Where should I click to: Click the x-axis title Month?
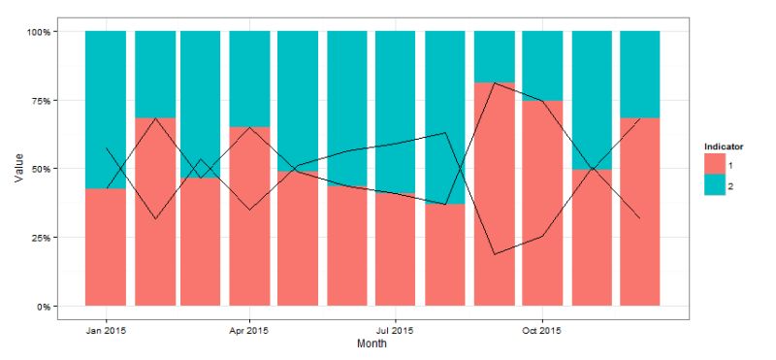pos(372,344)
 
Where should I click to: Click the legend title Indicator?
pos(724,146)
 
